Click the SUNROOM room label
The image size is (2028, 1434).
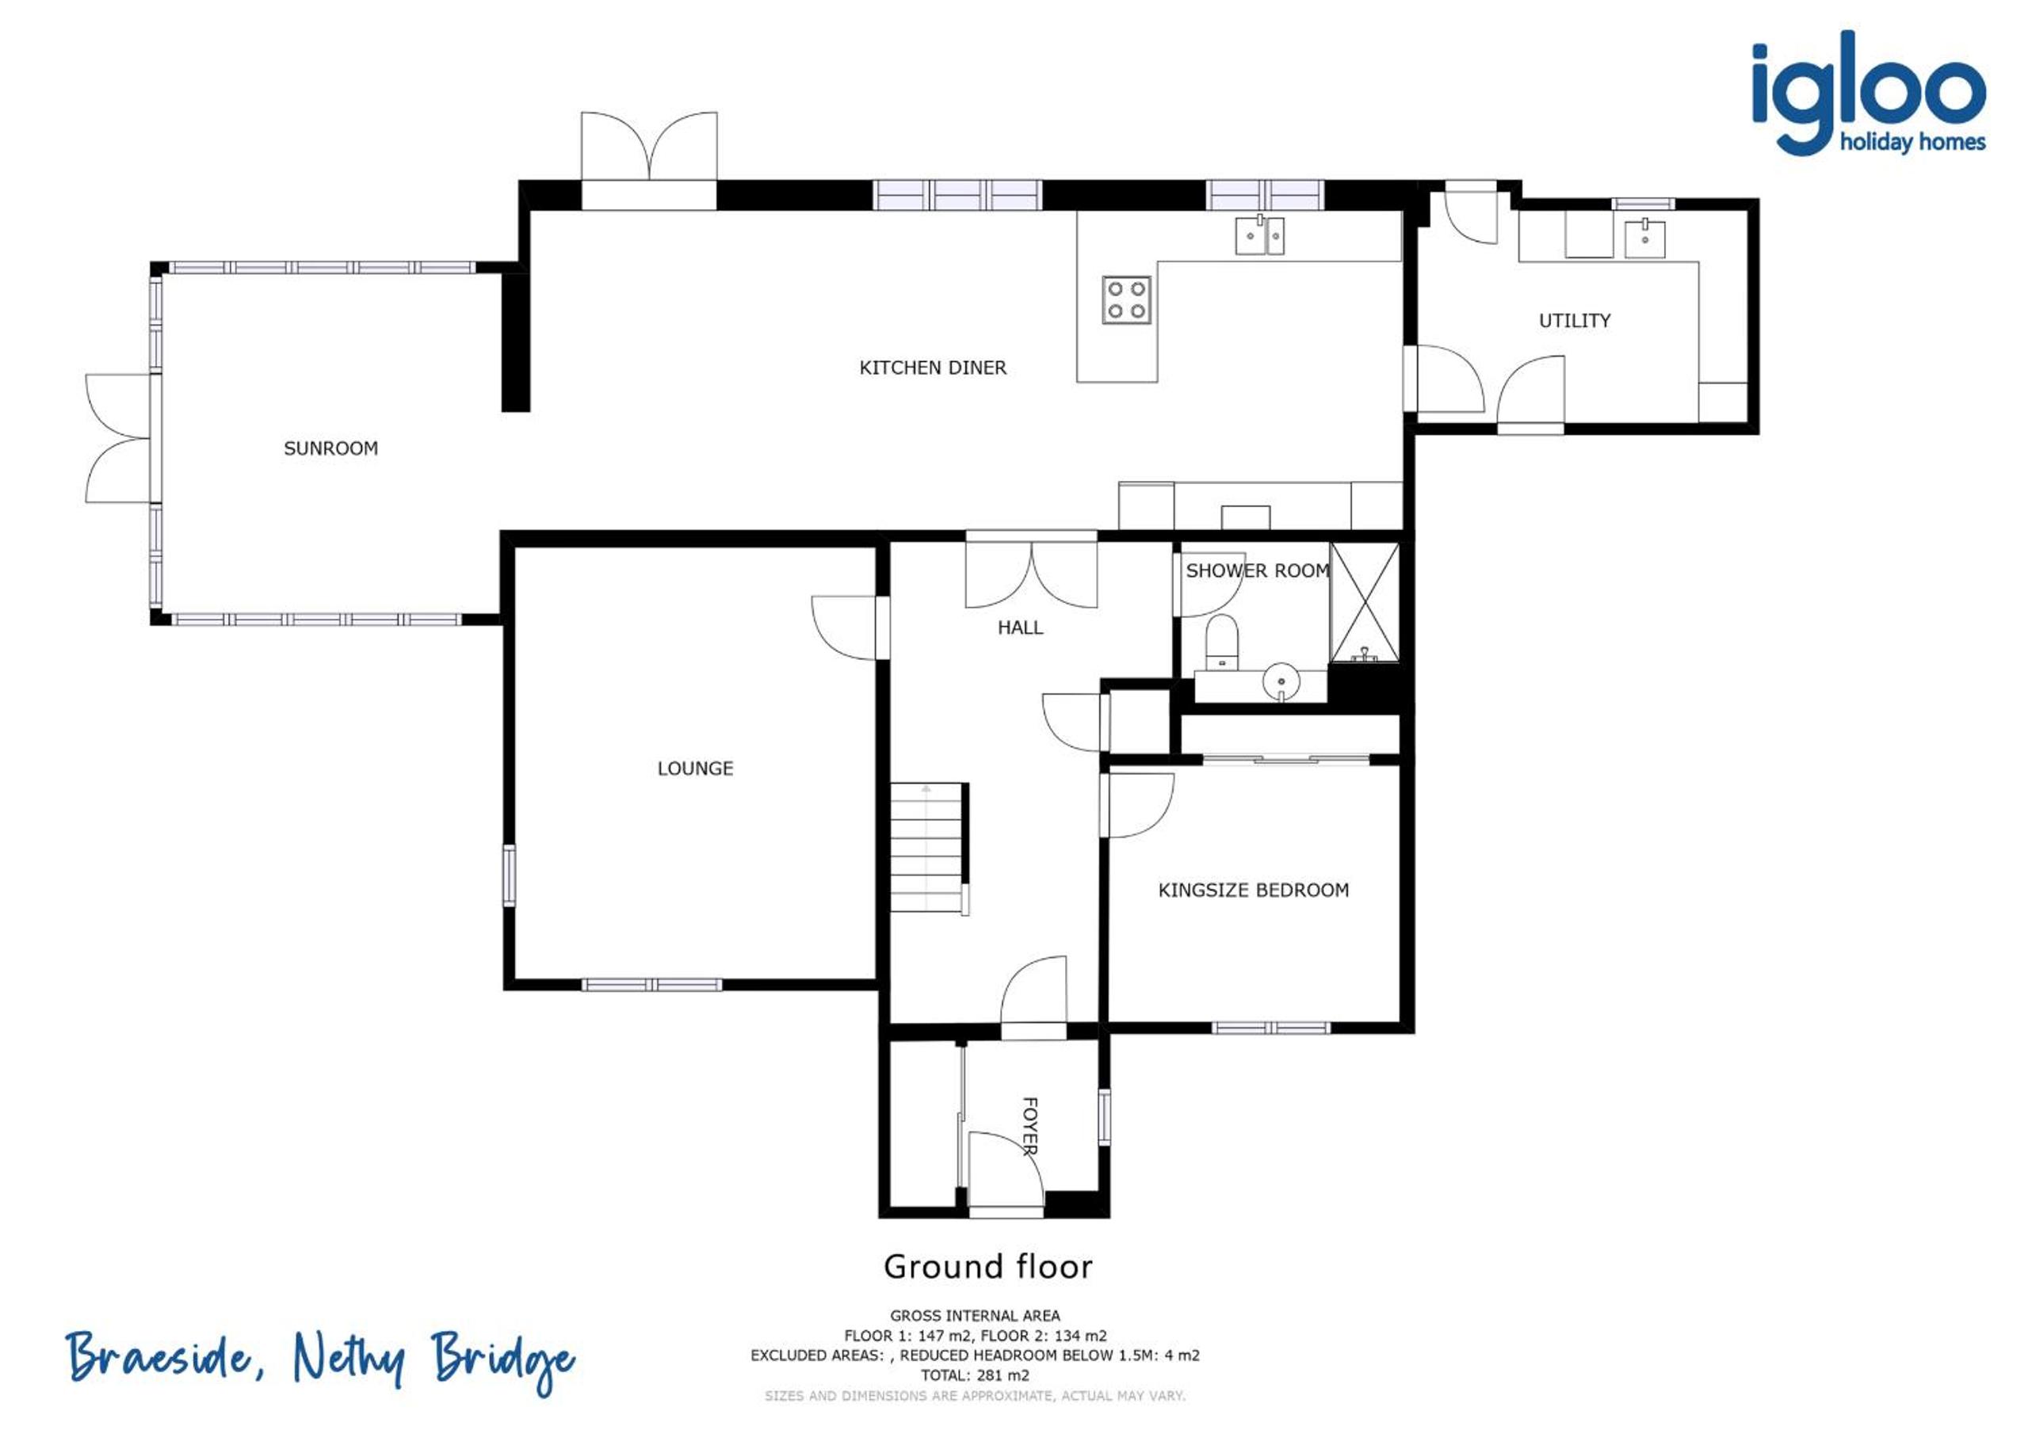click(x=330, y=448)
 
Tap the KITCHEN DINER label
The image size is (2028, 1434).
click(x=933, y=368)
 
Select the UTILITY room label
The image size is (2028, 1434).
click(x=1574, y=321)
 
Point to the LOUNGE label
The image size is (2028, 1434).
click(x=695, y=768)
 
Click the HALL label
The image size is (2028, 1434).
click(x=1020, y=627)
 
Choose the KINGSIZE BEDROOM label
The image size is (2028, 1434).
click(x=1254, y=890)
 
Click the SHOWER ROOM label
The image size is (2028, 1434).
click(x=1258, y=571)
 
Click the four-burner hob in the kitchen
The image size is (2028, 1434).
click(x=1126, y=299)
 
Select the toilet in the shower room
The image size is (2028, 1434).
click(x=1223, y=642)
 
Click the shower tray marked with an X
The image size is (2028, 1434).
click(x=1365, y=602)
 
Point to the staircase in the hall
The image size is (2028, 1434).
click(x=930, y=847)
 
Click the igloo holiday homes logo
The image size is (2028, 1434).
click(x=1869, y=93)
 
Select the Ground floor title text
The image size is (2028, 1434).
click(x=987, y=1267)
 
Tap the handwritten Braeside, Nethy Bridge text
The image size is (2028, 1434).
click(x=321, y=1360)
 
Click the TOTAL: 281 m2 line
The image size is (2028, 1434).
click(x=974, y=1375)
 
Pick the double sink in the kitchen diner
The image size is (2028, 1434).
click(x=1259, y=236)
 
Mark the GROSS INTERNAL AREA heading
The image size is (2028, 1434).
click(x=974, y=1316)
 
